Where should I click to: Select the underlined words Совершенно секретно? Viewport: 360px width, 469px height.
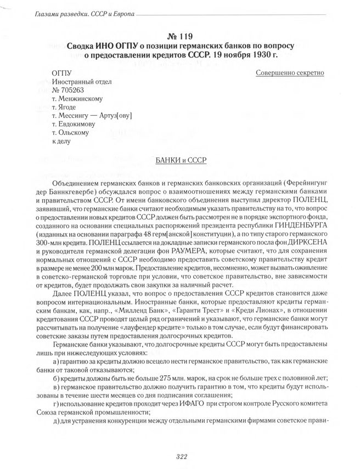tap(290, 72)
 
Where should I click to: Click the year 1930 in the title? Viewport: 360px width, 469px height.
tap(257, 55)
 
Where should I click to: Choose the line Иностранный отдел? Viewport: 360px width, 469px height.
tap(81, 82)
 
